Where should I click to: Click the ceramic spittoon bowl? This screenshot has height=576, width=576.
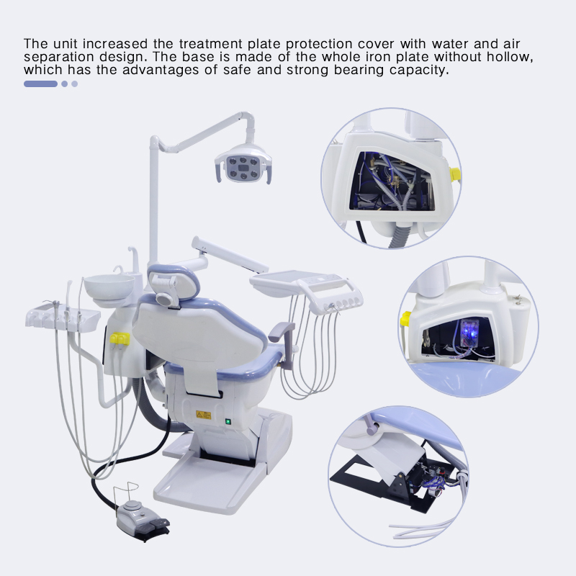(107, 287)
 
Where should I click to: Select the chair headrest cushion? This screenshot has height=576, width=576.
(173, 277)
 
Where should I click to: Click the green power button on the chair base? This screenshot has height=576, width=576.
(228, 422)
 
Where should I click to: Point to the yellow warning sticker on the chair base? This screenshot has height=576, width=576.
(204, 415)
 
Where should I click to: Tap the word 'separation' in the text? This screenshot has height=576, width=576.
(55, 58)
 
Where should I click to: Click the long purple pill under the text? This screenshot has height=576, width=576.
(40, 84)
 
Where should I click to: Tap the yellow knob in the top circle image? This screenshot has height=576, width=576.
(455, 174)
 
